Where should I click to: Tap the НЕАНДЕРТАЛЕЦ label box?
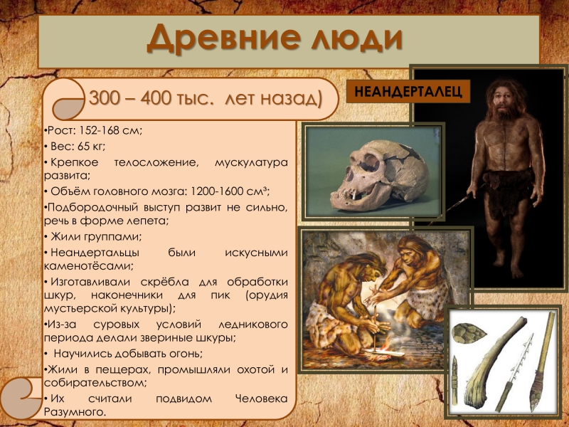[408, 91]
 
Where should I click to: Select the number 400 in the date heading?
[156, 98]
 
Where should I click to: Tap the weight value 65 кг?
[91, 147]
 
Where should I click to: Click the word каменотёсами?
[89, 265]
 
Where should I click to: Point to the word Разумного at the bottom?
[75, 413]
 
